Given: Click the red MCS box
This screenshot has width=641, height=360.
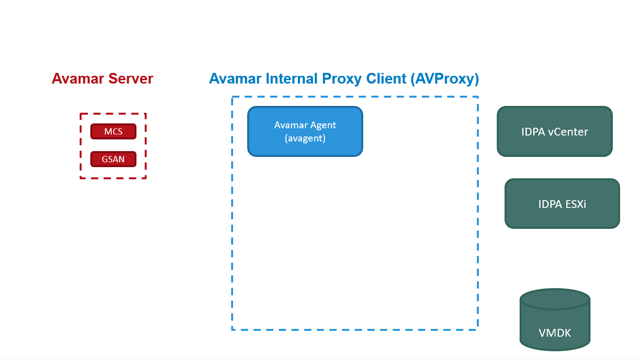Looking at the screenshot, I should point(113,132).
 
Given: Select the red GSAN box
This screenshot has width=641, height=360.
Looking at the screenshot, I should point(113,159).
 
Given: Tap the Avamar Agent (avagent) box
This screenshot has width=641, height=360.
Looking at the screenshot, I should point(305,132).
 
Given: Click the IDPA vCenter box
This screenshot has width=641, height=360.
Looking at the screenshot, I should point(555,132).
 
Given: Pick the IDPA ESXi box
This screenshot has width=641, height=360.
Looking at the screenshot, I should point(562,204).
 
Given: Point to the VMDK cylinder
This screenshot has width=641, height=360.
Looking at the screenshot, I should point(555,326).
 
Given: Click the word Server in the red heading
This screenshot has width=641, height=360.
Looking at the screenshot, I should point(131,79).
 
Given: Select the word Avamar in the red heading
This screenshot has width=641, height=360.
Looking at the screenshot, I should point(78,79).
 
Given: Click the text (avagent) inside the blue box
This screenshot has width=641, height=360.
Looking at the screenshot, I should point(305,138).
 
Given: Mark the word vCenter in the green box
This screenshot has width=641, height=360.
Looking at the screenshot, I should point(568,132).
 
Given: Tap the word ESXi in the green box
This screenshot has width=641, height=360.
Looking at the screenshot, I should point(575,204).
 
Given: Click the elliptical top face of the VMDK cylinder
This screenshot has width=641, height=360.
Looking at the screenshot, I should point(555,299).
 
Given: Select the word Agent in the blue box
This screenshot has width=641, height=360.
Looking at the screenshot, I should point(323,125).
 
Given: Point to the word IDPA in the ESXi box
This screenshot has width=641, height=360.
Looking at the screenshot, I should point(550,204).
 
